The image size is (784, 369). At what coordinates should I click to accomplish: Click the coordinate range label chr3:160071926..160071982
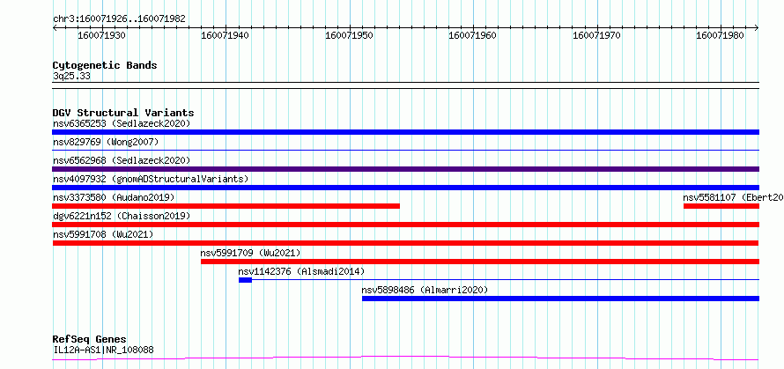tap(119, 19)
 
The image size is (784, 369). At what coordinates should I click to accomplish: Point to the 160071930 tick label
tap(102, 35)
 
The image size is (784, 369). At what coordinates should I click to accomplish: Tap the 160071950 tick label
tap(349, 35)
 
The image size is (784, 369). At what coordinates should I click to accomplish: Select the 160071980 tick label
tap(720, 35)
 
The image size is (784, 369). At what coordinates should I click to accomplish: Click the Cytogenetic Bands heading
tap(105, 65)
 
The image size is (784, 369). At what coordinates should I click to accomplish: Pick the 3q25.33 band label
tap(71, 77)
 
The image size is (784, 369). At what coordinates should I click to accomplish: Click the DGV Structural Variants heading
tap(123, 113)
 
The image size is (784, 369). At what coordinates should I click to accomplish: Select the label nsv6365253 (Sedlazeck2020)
tap(122, 123)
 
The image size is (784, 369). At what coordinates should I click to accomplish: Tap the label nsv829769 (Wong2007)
tap(106, 142)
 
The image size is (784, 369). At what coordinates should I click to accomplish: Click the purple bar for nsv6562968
tap(405, 169)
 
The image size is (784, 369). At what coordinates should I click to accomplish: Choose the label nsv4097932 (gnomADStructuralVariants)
tap(151, 179)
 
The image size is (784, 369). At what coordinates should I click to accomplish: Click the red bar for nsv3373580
tap(226, 206)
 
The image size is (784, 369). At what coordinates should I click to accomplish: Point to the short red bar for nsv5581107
tap(721, 206)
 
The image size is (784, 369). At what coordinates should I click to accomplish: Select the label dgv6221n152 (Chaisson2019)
tap(122, 216)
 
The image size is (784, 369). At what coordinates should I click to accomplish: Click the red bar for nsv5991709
tap(480, 262)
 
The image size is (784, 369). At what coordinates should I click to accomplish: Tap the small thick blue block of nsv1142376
tap(245, 280)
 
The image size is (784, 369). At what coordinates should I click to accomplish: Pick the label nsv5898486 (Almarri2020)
tap(425, 290)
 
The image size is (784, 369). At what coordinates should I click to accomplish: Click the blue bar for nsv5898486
tap(560, 299)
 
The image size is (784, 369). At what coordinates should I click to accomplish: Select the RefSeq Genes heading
tap(90, 340)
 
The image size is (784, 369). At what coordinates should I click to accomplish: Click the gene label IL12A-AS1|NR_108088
tap(103, 350)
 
